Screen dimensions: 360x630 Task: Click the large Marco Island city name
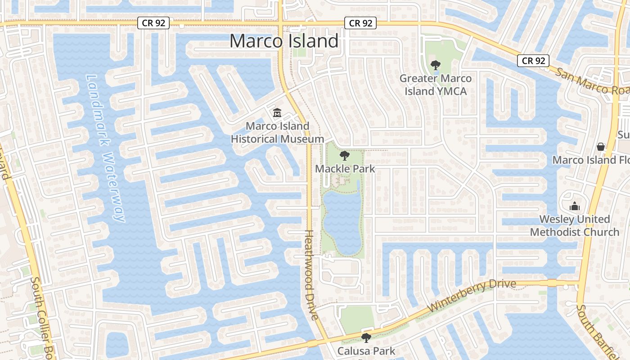284,41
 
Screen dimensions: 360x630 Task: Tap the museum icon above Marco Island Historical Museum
277,113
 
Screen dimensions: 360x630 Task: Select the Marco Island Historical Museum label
277,132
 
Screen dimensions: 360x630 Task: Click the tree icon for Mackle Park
345,156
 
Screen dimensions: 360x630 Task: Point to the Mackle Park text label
345,169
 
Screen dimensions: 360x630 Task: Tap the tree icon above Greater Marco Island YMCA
435,66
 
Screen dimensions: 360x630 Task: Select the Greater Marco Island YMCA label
436,85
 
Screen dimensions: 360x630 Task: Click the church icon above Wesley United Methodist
575,206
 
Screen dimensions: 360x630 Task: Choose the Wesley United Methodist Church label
575,225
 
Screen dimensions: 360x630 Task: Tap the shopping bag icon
600,147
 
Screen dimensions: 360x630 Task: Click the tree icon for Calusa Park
366,337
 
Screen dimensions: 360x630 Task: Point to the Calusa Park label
366,351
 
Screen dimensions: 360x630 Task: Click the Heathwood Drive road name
311,274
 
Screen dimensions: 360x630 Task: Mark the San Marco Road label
592,81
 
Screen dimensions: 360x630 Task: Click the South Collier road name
41,315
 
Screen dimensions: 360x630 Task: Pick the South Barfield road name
596,331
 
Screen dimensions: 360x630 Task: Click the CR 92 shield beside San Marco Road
534,60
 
